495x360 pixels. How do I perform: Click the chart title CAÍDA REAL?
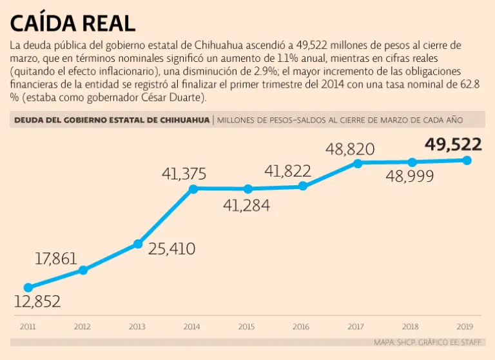click(72, 23)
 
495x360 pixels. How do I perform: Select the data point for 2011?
click(28, 288)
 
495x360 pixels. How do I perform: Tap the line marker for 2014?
click(193, 188)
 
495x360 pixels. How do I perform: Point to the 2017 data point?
click(357, 163)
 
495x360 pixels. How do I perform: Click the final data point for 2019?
click(467, 160)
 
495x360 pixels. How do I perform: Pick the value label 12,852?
click(37, 301)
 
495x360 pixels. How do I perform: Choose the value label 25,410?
click(171, 248)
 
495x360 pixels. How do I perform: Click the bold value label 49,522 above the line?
click(453, 145)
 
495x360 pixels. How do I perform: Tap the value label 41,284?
click(246, 206)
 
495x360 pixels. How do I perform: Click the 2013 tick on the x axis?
click(137, 326)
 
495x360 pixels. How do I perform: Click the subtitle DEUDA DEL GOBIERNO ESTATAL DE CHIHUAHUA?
click(112, 119)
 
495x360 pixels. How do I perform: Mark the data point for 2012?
click(82, 270)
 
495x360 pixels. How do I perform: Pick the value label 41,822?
click(288, 171)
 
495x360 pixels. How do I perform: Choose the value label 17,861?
click(56, 259)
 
